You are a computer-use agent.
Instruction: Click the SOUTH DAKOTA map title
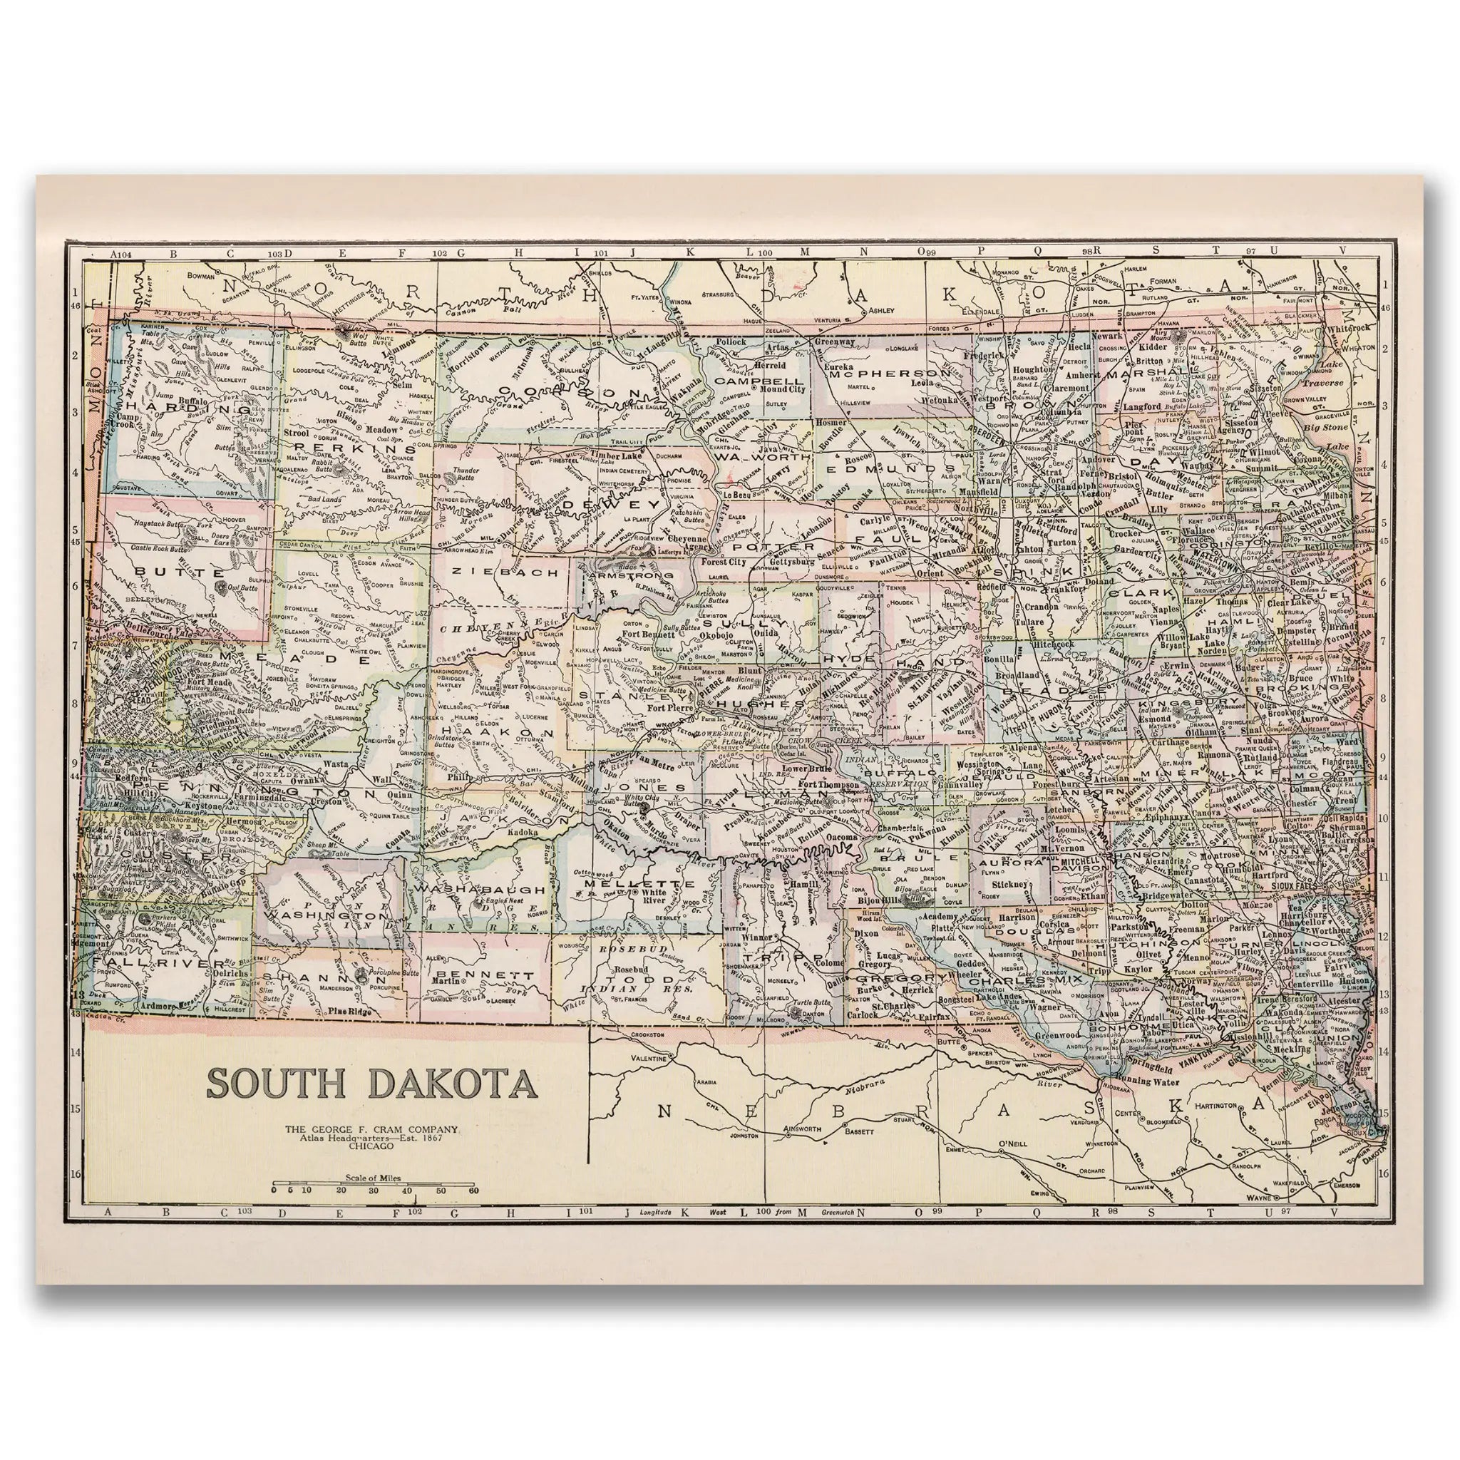[x=372, y=1082]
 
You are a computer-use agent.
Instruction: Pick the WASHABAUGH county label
[x=479, y=890]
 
